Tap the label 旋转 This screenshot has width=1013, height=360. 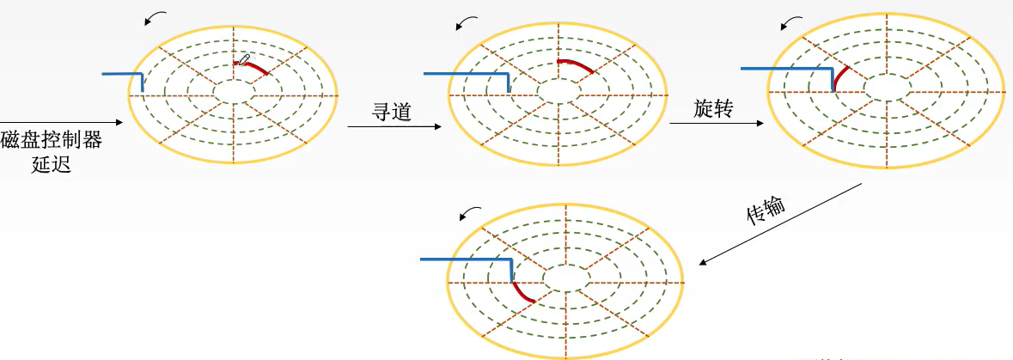[712, 108]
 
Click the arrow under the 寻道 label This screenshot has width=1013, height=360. [394, 127]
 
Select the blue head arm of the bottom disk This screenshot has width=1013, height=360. [467, 259]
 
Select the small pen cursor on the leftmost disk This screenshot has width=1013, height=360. [245, 58]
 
